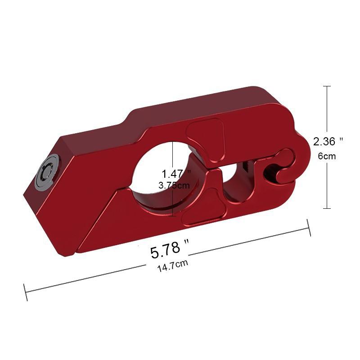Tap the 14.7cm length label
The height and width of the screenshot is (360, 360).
point(172,265)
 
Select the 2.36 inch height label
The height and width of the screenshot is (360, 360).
point(328,141)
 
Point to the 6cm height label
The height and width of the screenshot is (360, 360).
point(328,156)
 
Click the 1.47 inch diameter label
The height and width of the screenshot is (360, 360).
point(176,173)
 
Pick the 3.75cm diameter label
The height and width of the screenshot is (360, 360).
point(175,184)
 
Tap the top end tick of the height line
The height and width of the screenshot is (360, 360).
point(327,86)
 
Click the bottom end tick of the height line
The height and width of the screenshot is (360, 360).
point(327,208)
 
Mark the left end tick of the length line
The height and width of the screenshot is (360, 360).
point(26,292)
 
